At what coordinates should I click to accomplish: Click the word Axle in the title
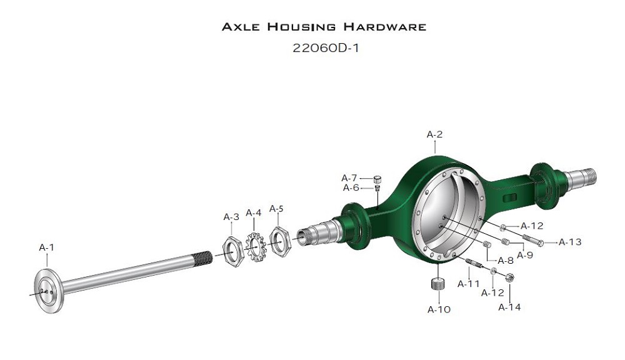241,27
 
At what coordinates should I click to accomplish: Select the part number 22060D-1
326,48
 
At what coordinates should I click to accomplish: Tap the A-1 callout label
47,247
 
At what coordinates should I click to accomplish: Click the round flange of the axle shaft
48,291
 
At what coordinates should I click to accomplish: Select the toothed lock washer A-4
254,247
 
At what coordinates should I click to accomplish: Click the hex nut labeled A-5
280,242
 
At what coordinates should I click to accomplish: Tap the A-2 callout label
434,134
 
